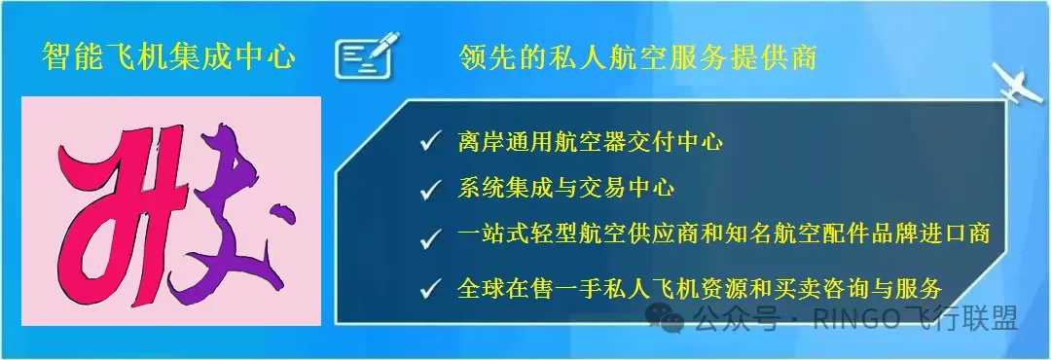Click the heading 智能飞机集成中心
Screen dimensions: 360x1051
click(x=168, y=57)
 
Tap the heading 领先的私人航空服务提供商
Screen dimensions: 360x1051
click(x=636, y=57)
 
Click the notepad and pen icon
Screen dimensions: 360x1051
click(x=368, y=55)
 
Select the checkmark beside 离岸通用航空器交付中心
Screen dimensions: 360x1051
click(x=428, y=143)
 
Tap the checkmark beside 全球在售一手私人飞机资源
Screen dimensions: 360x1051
click(x=428, y=289)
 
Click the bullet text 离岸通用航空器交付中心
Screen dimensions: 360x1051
click(x=590, y=142)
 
